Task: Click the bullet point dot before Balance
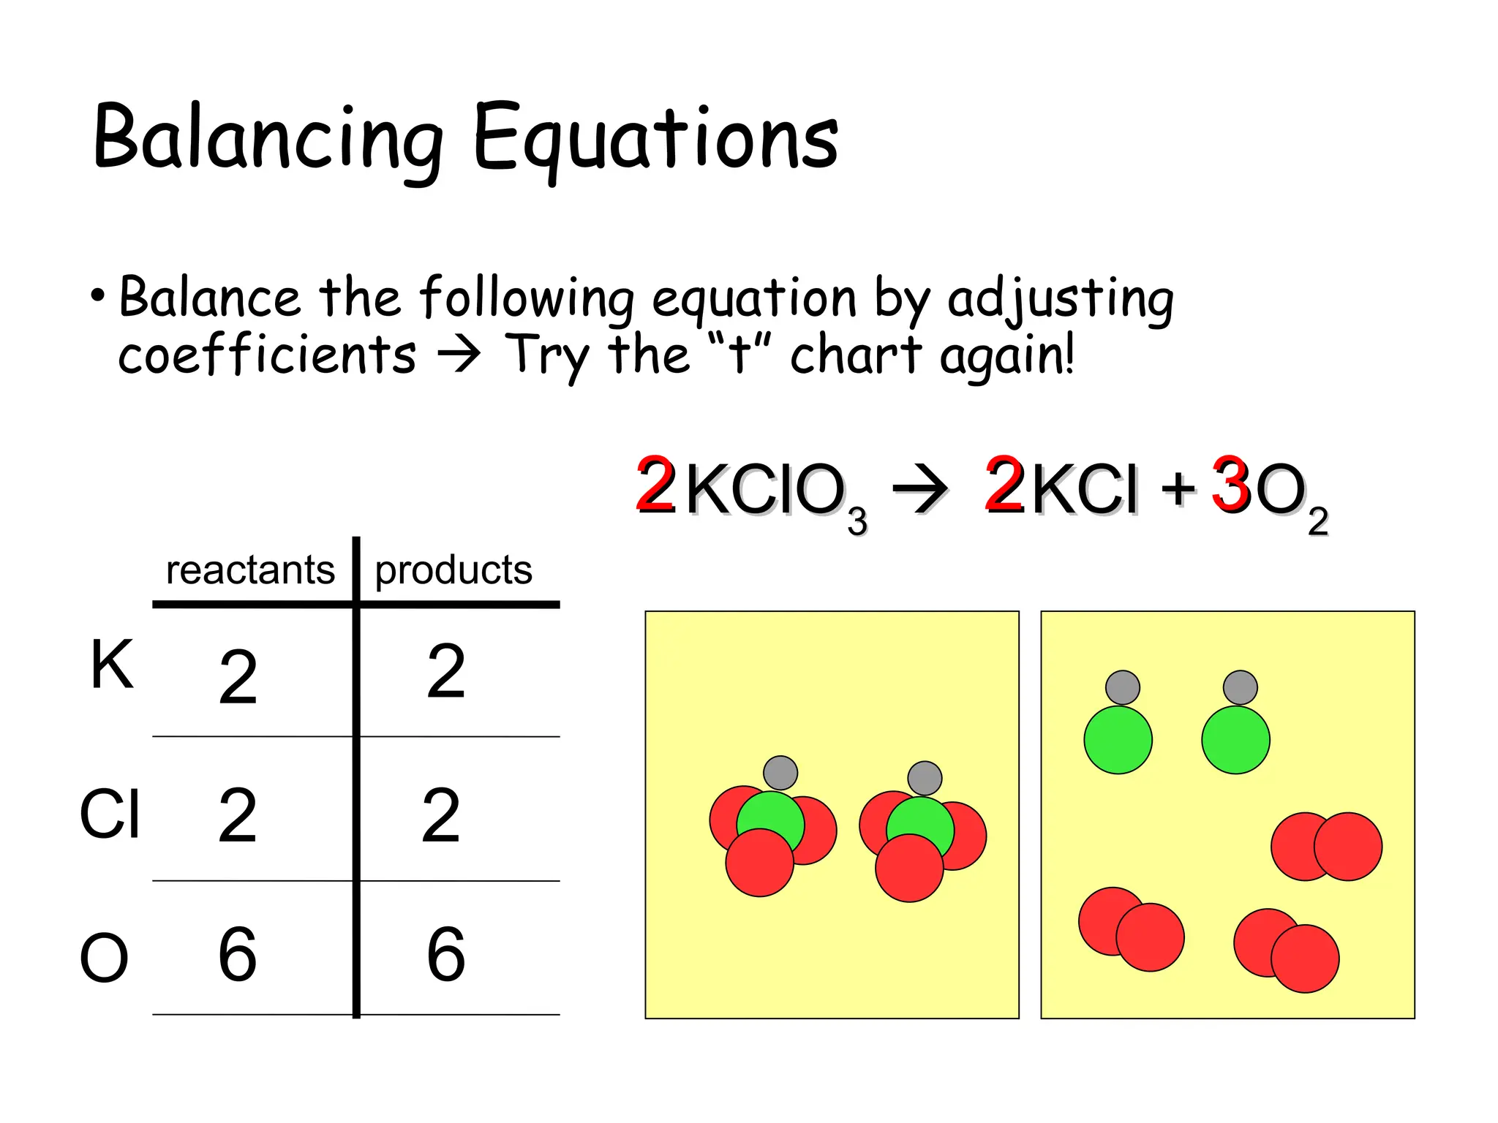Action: pyautogui.click(x=98, y=296)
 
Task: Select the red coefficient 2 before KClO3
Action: pyautogui.click(x=655, y=485)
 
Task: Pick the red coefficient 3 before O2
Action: pyautogui.click(x=1230, y=485)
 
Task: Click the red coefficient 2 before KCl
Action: pyautogui.click(x=1004, y=485)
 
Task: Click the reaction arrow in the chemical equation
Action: pyautogui.click(x=920, y=488)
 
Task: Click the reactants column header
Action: pyautogui.click(x=250, y=570)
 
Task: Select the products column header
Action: pyautogui.click(x=453, y=570)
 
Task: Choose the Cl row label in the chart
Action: pyautogui.click(x=110, y=814)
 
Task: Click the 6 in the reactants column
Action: pyautogui.click(x=238, y=953)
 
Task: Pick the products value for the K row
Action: pyautogui.click(x=446, y=670)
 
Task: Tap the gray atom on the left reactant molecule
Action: pyautogui.click(x=780, y=772)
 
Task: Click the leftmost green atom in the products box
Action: pyautogui.click(x=1118, y=739)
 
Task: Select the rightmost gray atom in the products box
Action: pyautogui.click(x=1240, y=687)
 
